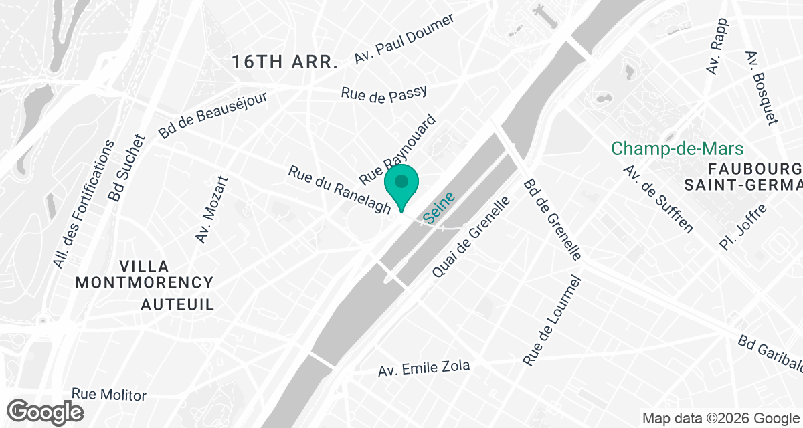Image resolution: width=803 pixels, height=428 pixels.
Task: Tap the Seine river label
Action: (439, 207)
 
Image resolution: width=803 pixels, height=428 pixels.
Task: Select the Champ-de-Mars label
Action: (677, 148)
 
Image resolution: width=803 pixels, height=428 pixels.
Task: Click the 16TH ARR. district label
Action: (284, 63)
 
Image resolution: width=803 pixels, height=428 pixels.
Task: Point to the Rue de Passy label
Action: (383, 94)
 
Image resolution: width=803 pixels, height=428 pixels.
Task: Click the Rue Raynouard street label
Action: (397, 150)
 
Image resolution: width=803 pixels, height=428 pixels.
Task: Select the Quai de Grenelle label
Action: (472, 237)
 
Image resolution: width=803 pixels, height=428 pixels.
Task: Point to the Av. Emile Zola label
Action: (424, 368)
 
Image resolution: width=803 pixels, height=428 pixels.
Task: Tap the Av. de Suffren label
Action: (657, 199)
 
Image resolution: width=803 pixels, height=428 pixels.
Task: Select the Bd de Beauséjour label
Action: (213, 115)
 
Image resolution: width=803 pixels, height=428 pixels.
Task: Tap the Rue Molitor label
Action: (108, 395)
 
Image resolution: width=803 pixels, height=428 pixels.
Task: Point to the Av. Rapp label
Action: (717, 45)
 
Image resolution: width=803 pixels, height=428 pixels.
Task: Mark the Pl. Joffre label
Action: (743, 228)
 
